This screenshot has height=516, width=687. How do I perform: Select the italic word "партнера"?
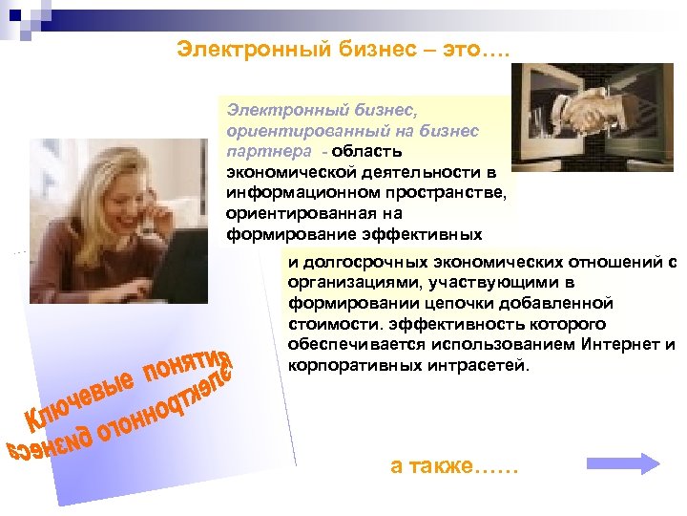(x=258, y=151)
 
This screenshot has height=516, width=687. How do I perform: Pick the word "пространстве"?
(x=446, y=192)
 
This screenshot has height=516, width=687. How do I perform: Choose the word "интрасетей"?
(x=473, y=366)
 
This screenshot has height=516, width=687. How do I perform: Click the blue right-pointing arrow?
(x=622, y=463)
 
